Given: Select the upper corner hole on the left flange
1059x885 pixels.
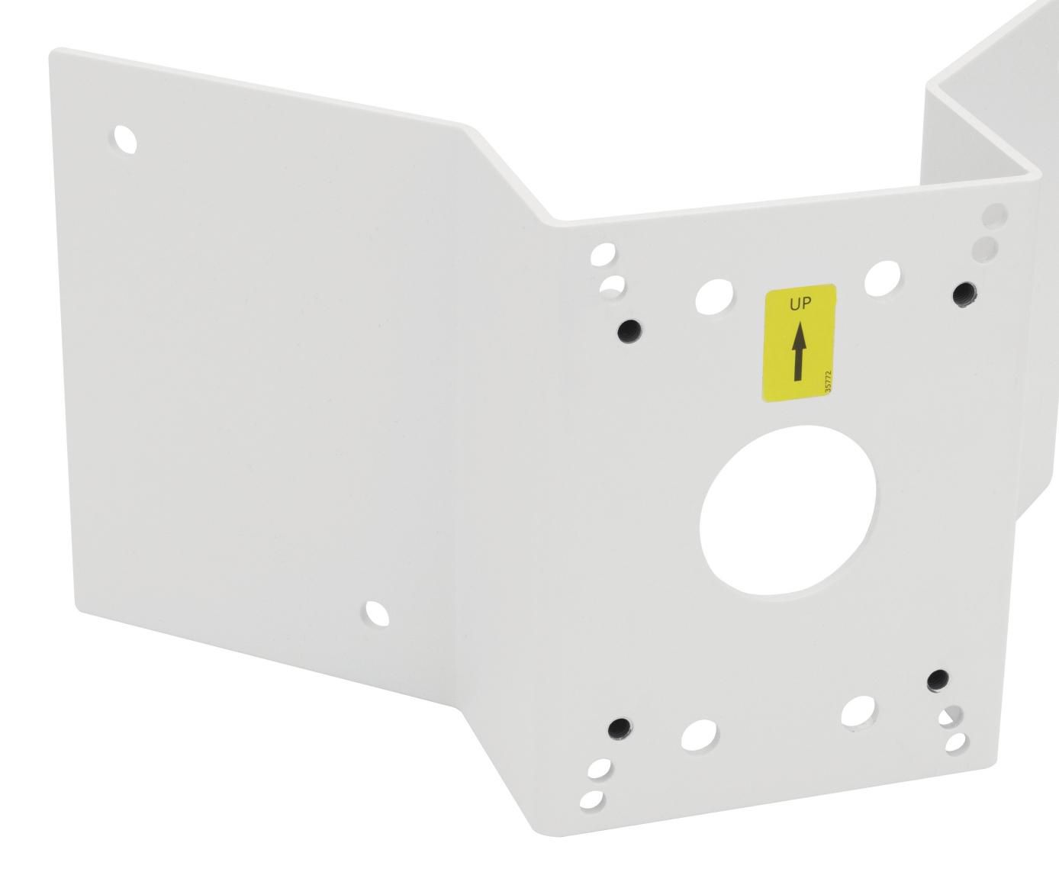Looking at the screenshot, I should [127, 139].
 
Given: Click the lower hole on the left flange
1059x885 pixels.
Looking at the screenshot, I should [377, 612].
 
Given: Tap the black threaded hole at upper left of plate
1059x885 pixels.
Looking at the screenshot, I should [629, 330].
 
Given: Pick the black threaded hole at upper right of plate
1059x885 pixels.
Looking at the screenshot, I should [967, 292].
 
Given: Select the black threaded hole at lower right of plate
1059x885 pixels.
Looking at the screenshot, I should [938, 679].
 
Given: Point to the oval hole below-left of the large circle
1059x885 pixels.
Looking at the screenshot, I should [700, 734].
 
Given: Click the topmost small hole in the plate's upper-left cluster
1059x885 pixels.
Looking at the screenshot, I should [605, 253].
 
